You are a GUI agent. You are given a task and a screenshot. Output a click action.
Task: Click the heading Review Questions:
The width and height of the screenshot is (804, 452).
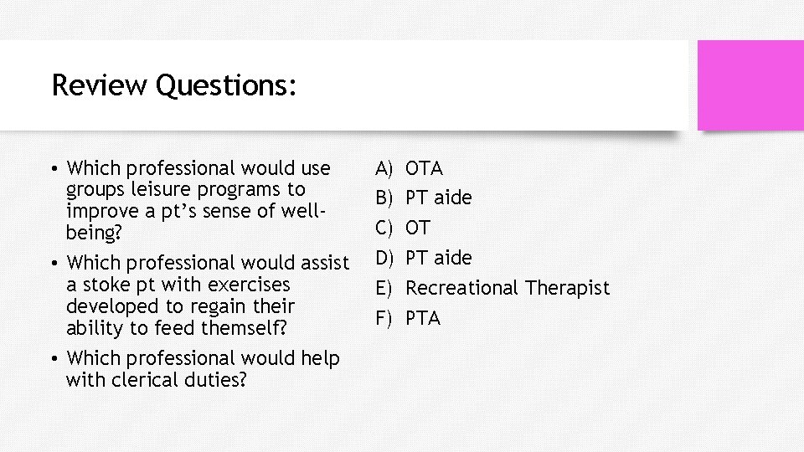[x=173, y=85]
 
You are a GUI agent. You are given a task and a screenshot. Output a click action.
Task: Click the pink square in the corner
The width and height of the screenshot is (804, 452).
[x=750, y=85]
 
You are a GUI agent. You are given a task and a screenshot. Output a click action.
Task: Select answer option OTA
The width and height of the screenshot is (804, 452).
[x=424, y=168]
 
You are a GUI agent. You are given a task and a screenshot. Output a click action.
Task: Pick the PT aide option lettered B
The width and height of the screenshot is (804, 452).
[x=439, y=198]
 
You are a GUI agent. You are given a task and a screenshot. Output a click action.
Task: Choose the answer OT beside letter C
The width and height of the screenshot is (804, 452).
[x=418, y=228]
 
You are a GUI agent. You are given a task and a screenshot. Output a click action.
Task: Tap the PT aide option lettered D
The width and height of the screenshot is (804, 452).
[x=439, y=257]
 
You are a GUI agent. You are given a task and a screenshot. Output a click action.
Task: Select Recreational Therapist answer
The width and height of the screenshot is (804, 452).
[x=508, y=288]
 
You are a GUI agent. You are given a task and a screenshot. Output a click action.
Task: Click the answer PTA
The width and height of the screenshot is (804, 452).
[x=423, y=318]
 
